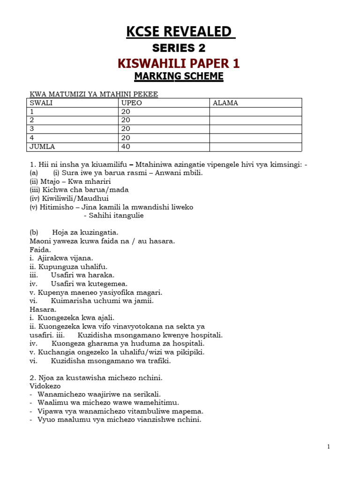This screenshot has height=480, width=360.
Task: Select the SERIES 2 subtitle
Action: (180, 48)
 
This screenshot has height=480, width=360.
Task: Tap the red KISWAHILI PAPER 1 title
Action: (180, 64)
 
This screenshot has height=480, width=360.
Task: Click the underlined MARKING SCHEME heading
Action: (180, 76)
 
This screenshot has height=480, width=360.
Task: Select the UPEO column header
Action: (132, 103)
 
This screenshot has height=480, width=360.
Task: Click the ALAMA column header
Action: (225, 103)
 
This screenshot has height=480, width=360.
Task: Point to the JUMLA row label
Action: (42, 147)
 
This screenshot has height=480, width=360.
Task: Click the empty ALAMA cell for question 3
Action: (255, 129)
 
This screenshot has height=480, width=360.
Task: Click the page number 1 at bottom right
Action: (328, 447)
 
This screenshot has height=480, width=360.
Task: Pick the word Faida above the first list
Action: (40, 249)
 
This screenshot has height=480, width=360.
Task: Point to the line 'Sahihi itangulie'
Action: (113, 216)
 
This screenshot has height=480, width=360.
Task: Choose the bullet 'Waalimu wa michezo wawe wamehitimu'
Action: (108, 403)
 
